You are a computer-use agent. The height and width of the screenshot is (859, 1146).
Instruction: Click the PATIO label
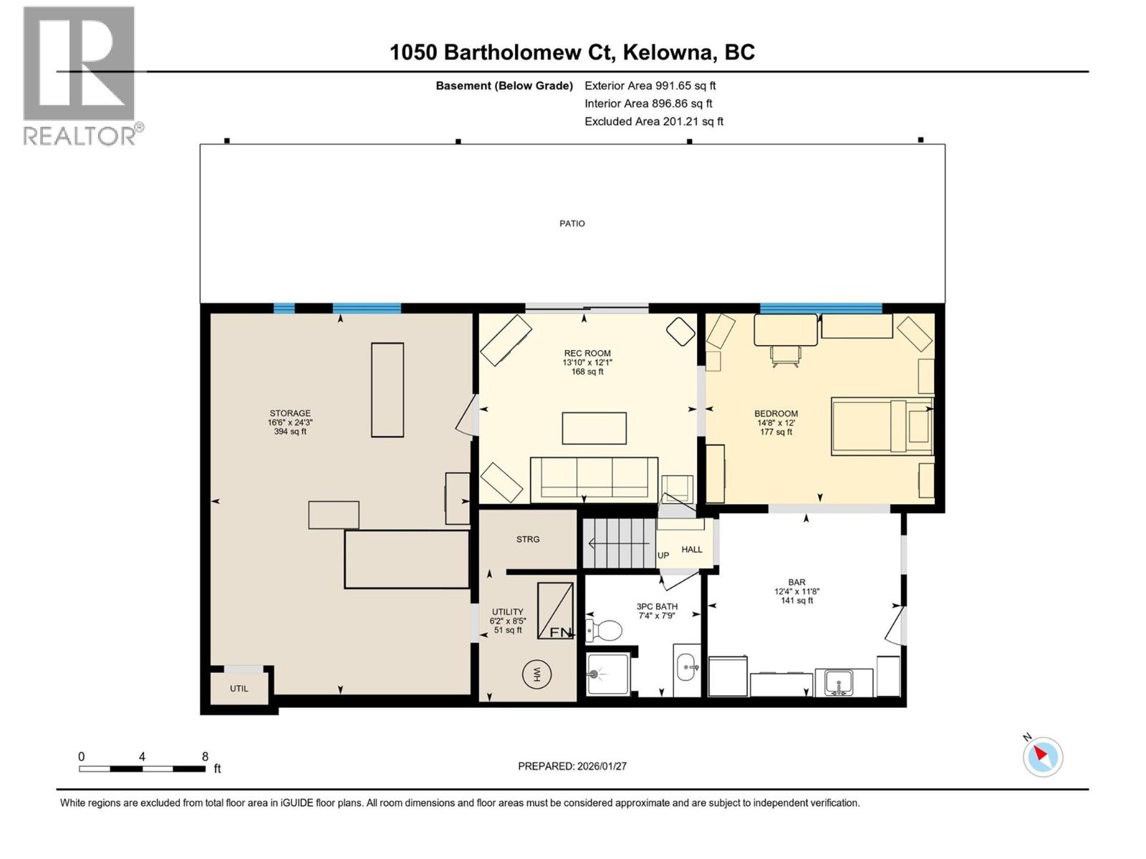[572, 223]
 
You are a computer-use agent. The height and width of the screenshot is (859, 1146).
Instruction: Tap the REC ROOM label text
[587, 353]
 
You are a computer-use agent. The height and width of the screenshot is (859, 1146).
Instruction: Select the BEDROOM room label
[776, 413]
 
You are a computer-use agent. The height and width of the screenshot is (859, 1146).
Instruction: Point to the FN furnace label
[561, 632]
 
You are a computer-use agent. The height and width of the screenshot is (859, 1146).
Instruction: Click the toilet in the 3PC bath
[605, 631]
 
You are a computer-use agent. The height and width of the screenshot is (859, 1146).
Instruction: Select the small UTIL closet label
[239, 689]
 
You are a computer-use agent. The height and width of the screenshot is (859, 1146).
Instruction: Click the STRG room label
[528, 539]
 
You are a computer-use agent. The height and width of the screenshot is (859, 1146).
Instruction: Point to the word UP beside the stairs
[663, 555]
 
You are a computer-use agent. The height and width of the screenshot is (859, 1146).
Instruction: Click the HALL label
[692, 549]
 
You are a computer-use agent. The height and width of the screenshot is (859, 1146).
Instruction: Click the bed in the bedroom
[881, 427]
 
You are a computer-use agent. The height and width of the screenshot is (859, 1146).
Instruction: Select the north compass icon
[1042, 756]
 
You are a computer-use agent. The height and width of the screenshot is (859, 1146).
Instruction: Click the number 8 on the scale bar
[205, 757]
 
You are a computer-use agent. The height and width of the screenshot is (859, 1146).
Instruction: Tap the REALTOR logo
[80, 75]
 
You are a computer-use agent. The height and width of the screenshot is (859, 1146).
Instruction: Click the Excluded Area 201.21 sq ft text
[653, 121]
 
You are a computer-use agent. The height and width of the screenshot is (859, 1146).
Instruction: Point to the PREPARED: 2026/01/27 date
[572, 766]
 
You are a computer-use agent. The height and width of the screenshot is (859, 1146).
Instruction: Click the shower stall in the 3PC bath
[607, 674]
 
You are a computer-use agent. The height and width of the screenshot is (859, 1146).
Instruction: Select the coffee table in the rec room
[594, 428]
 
